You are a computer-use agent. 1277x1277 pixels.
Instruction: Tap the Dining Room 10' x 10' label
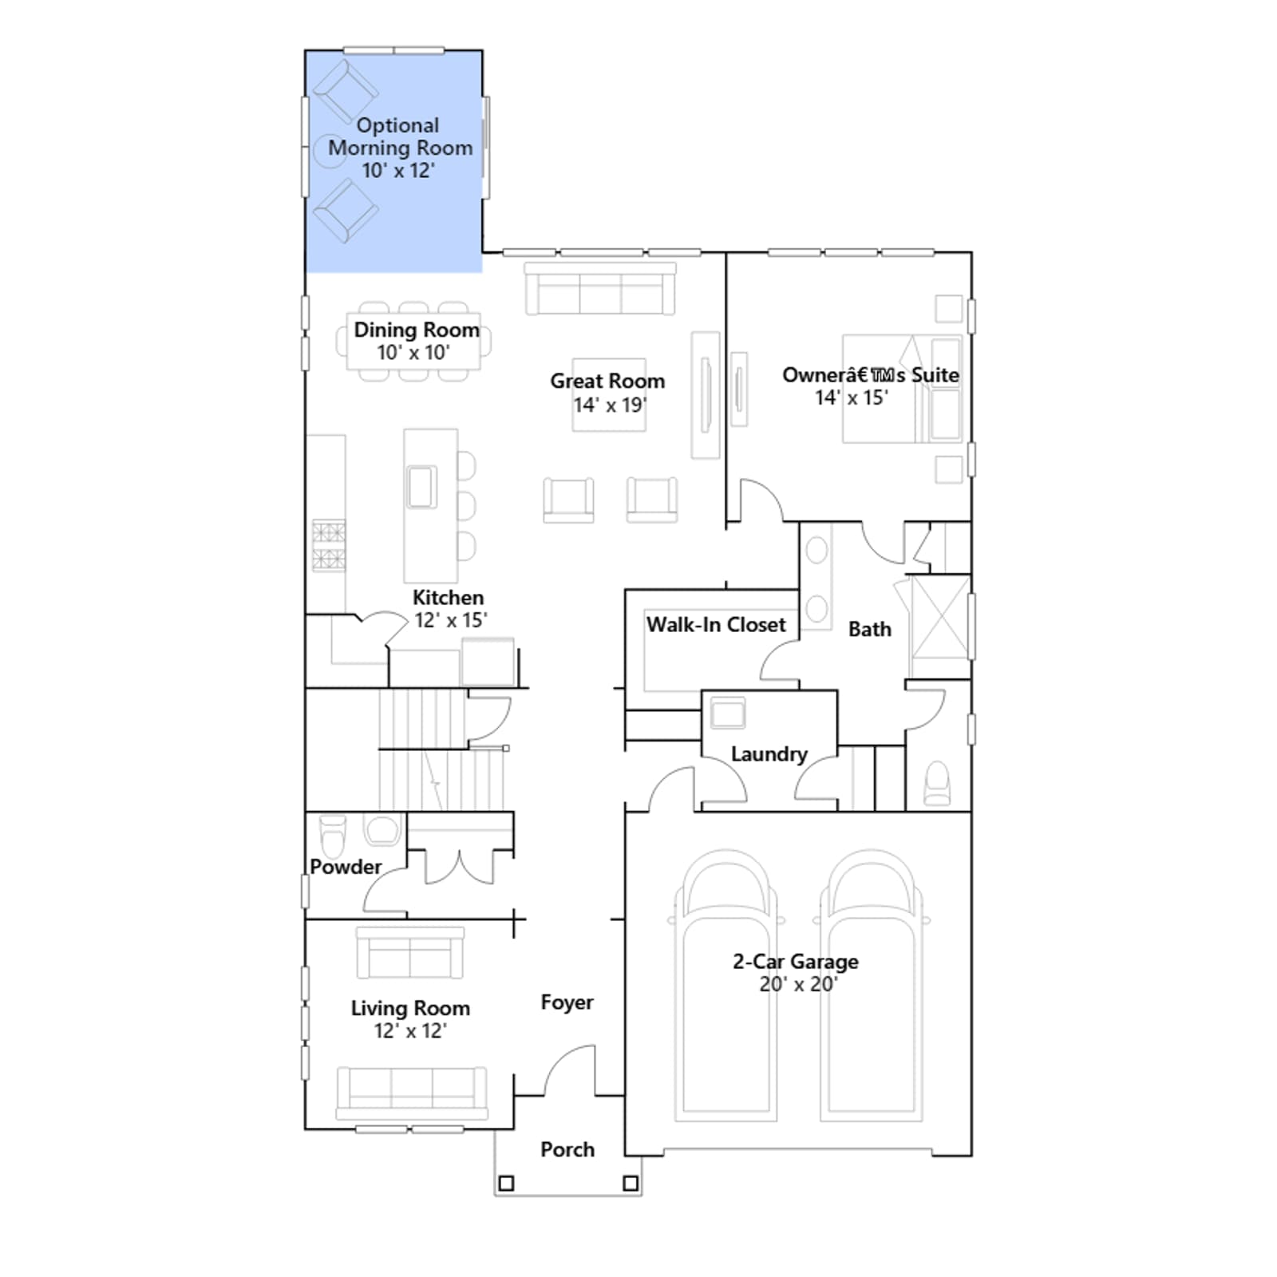pos(416,341)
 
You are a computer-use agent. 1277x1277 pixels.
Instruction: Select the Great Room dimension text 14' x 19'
pos(610,405)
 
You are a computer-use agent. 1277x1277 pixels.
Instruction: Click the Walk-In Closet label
pos(716,624)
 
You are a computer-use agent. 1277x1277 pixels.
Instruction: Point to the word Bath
pos(869,629)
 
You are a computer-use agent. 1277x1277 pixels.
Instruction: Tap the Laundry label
pos(769,754)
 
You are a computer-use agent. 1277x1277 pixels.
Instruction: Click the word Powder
pos(346,867)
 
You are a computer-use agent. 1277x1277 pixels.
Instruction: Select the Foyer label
pos(567,1002)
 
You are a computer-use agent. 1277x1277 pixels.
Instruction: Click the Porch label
pos(567,1149)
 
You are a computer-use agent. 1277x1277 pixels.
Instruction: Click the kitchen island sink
pos(421,487)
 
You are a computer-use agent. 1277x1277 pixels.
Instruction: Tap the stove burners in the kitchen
pos(329,545)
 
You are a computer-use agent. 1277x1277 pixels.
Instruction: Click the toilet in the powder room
pos(333,833)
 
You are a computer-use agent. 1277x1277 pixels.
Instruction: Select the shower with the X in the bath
pos(940,616)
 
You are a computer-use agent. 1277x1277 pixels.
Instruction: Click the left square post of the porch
pos(506,1183)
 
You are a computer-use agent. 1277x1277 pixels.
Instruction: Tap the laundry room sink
pos(727,713)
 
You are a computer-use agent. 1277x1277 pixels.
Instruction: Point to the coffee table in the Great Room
pos(609,394)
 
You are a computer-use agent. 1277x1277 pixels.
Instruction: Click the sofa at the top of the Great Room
pos(600,289)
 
